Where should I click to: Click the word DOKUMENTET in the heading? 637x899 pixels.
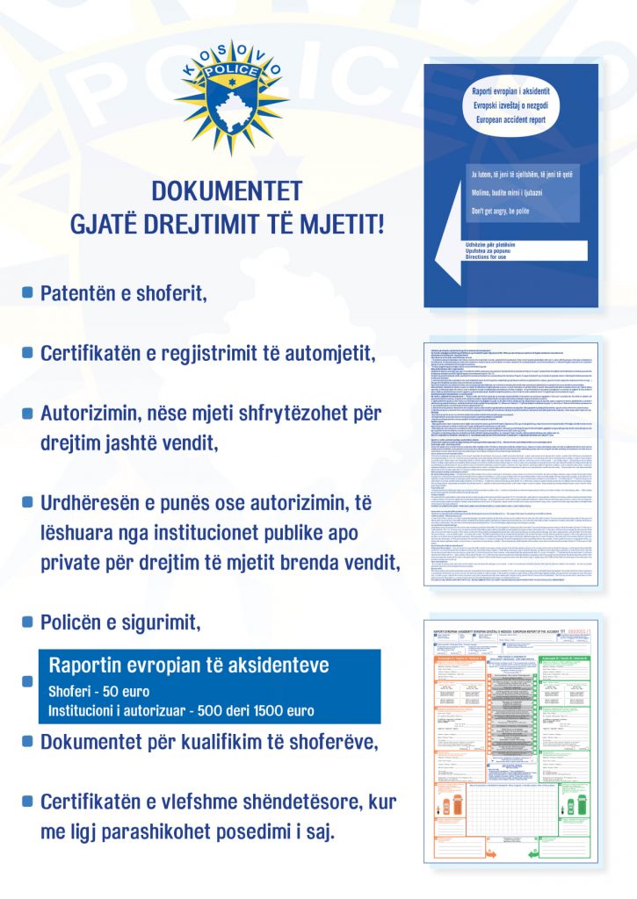pyautogui.click(x=228, y=191)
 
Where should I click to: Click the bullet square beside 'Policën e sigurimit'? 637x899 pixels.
pyautogui.click(x=27, y=622)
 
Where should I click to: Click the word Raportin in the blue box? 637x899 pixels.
pyautogui.click(x=90, y=665)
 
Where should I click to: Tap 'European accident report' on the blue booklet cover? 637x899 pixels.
pyautogui.click(x=511, y=117)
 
